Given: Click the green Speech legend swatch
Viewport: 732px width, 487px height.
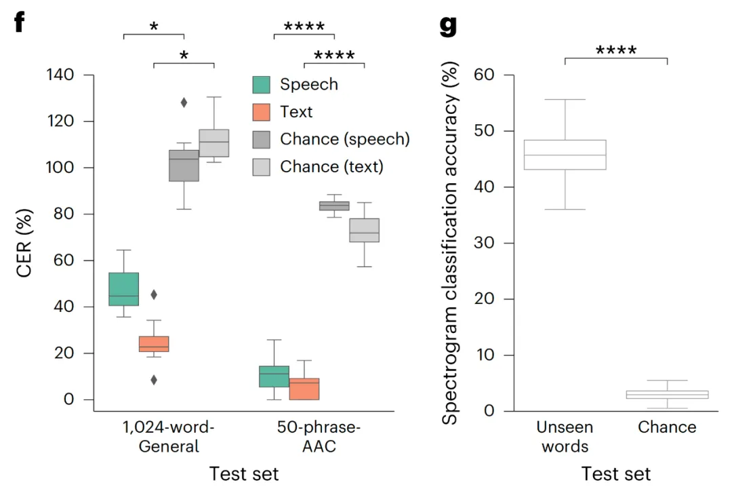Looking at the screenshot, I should [262, 85].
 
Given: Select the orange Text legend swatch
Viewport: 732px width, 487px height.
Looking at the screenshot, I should [262, 112].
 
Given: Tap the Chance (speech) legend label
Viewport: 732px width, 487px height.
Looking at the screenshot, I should [345, 139].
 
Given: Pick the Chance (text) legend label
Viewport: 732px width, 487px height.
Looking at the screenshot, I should [331, 166].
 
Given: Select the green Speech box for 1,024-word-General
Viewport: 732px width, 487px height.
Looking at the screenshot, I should [123, 289].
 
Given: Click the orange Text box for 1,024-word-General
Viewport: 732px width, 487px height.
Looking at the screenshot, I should [154, 344].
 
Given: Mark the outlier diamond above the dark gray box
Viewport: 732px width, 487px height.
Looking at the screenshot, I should [184, 102].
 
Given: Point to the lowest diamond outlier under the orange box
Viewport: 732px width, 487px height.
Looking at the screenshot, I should [154, 380].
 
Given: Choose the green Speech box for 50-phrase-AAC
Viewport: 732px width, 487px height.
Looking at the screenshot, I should [274, 376].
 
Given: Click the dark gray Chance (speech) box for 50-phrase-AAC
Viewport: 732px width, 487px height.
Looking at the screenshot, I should [334, 206].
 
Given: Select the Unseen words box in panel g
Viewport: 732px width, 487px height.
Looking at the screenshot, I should [565, 155].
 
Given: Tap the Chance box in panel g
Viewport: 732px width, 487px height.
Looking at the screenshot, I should [668, 394].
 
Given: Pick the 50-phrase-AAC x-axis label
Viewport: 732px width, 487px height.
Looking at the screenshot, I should [319, 437].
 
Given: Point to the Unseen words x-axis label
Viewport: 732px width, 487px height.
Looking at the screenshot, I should [565, 436].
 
